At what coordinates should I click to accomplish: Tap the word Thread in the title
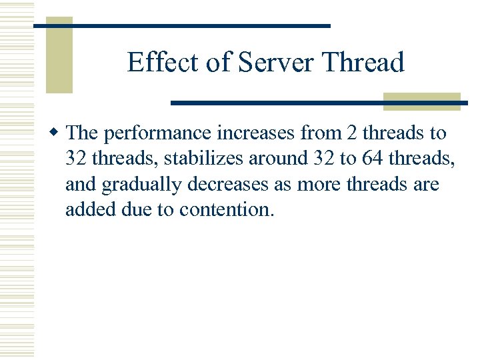(x=363, y=63)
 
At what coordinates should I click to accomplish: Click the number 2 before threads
(x=352, y=133)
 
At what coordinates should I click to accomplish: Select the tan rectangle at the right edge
(x=422, y=101)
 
